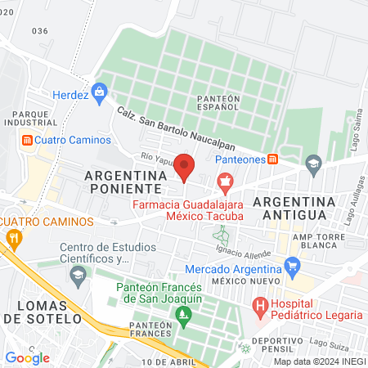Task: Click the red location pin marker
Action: pos(184,168)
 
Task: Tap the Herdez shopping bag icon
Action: pos(101,91)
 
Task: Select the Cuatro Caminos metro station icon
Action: pos(27,140)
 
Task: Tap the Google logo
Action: pos(27,357)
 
